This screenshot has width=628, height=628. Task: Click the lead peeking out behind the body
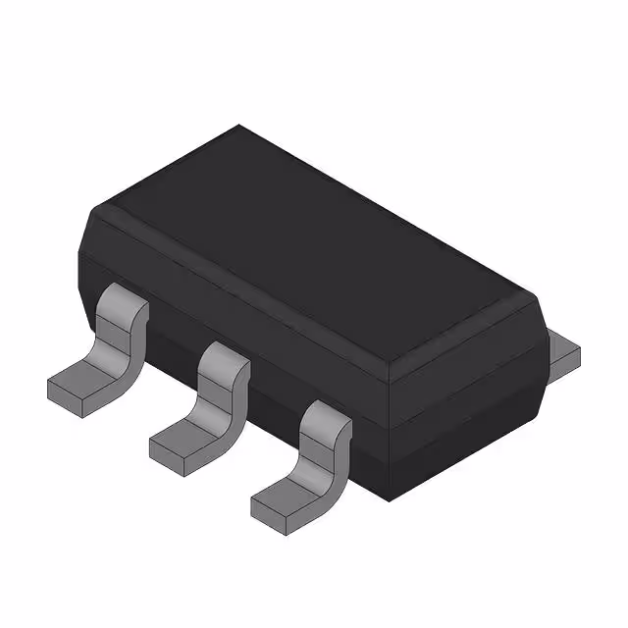(x=562, y=353)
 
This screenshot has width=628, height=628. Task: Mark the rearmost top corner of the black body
(x=238, y=125)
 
